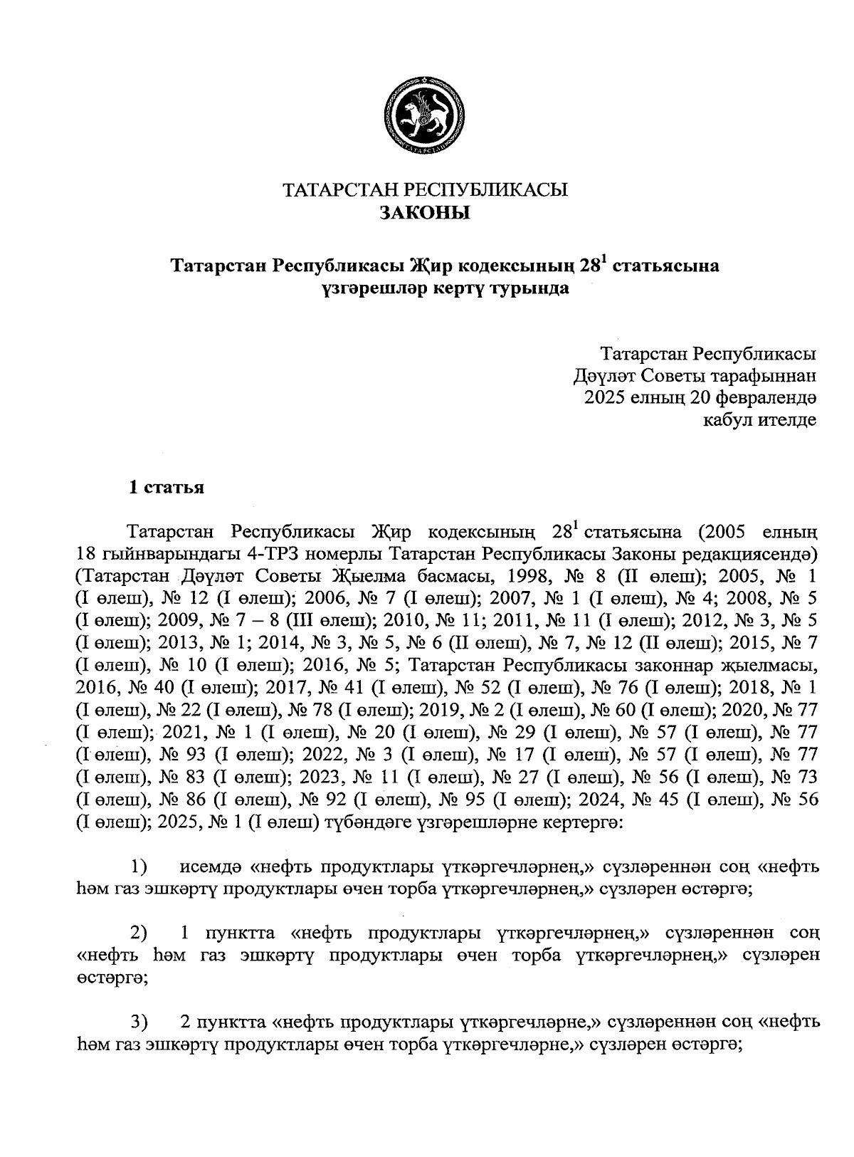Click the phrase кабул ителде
coord(759,420)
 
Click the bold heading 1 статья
coord(166,488)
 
